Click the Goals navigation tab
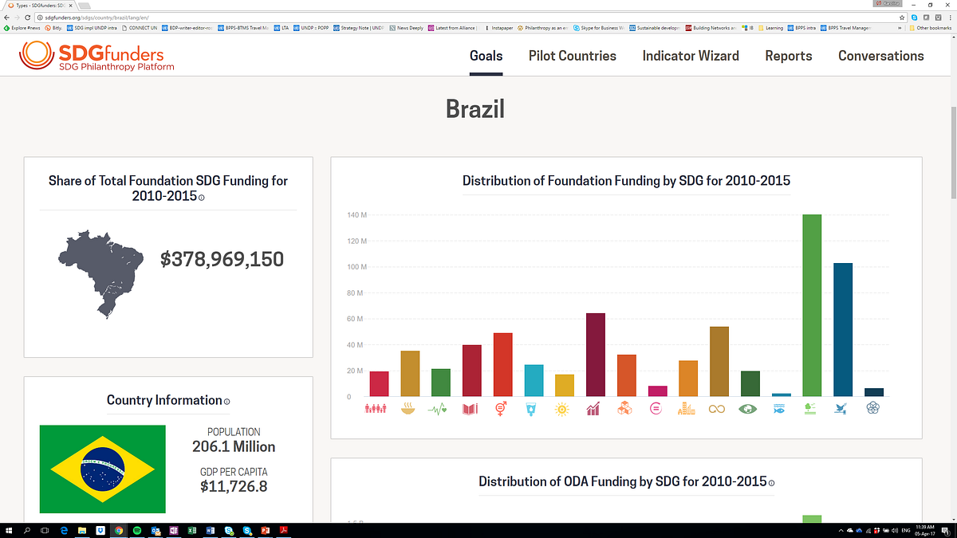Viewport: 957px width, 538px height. (x=486, y=56)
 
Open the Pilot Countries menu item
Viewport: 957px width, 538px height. (x=572, y=56)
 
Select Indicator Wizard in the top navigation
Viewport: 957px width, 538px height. (x=691, y=56)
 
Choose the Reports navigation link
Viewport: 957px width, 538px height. (x=788, y=56)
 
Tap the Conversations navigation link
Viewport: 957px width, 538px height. (x=880, y=56)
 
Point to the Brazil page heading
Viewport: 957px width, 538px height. (x=475, y=108)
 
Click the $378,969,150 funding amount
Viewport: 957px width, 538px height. (x=222, y=259)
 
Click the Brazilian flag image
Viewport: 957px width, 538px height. (x=103, y=469)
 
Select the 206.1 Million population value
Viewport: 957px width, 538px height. (x=234, y=446)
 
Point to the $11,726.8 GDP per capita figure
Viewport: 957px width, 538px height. (x=234, y=486)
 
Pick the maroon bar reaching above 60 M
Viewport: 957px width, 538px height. (x=596, y=355)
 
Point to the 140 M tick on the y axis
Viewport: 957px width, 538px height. (x=356, y=215)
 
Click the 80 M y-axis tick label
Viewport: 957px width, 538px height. (x=355, y=293)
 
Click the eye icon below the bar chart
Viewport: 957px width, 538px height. (x=750, y=410)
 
